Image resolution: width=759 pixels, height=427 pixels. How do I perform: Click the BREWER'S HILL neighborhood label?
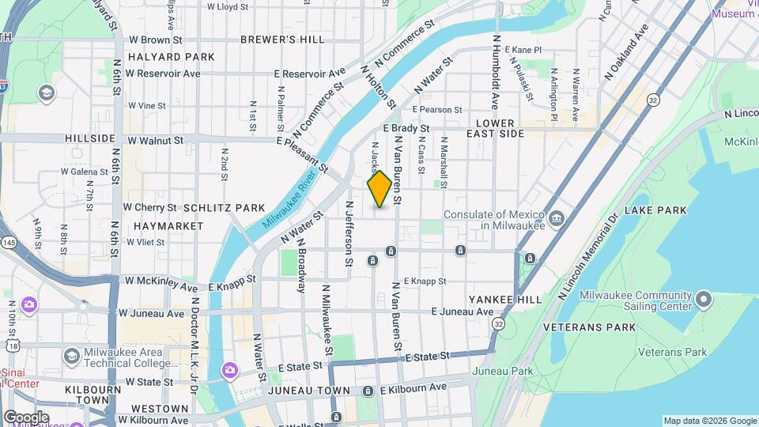point(271,39)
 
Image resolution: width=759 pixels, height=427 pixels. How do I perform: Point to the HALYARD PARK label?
point(171,57)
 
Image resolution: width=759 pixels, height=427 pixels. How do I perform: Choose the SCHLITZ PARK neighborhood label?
point(225,208)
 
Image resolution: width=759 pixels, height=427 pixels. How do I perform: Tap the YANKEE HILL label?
point(504,300)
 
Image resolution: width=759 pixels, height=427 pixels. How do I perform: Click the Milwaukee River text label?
point(287,202)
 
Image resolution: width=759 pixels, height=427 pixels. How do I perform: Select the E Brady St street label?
point(406,128)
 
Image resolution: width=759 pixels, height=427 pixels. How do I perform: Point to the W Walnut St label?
point(155,140)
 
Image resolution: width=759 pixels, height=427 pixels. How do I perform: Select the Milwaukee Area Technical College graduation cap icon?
point(71,357)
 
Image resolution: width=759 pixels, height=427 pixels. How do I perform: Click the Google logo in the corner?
point(26,417)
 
